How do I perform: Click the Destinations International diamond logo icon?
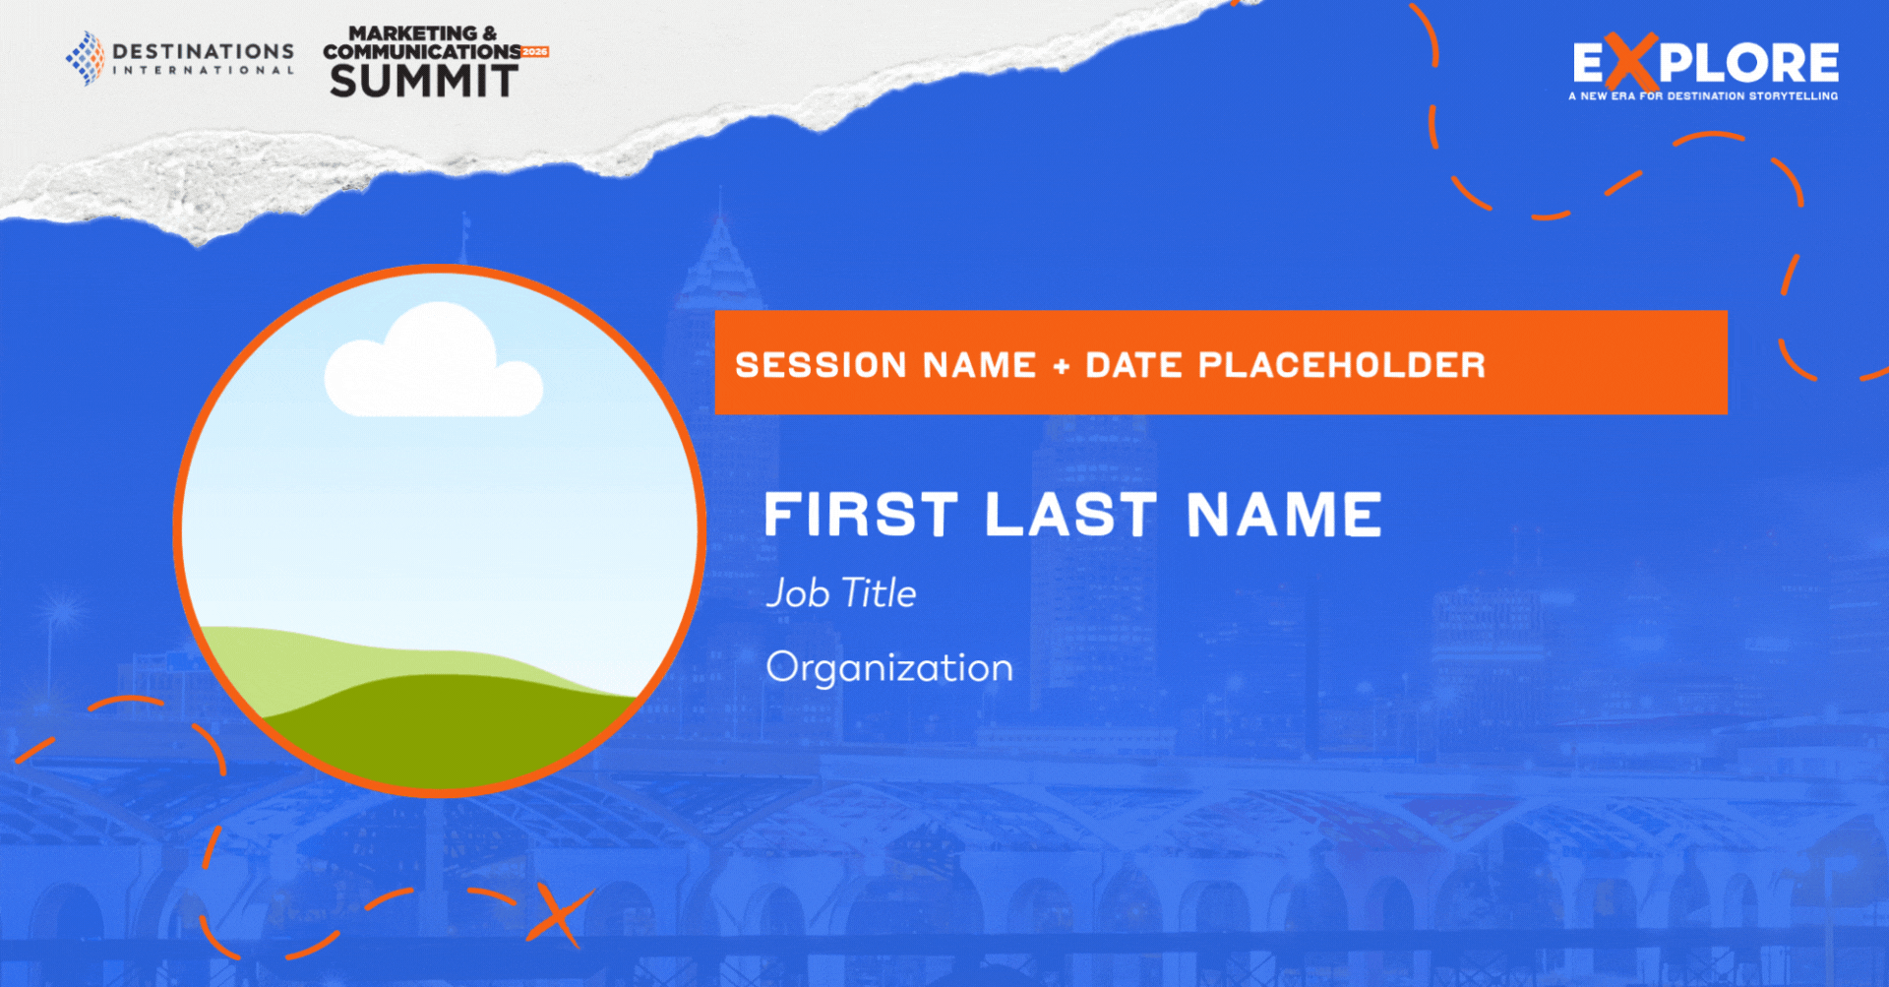pyautogui.click(x=86, y=58)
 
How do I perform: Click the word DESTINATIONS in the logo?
pyautogui.click(x=204, y=51)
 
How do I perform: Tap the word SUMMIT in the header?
pyautogui.click(x=424, y=81)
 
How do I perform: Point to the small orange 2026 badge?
pyautogui.click(x=535, y=52)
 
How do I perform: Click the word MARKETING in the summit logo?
pyautogui.click(x=413, y=33)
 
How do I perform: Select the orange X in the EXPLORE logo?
pyautogui.click(x=1631, y=62)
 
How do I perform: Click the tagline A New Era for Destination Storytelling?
pyautogui.click(x=1703, y=96)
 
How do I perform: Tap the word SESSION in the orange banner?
pyautogui.click(x=821, y=365)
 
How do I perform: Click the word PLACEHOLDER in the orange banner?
pyautogui.click(x=1342, y=365)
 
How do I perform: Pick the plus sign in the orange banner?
pyautogui.click(x=1061, y=367)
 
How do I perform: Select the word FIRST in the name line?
pyautogui.click(x=861, y=515)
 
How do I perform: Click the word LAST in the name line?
pyautogui.click(x=1071, y=515)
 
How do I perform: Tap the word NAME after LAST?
pyautogui.click(x=1284, y=515)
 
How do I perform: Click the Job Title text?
pyautogui.click(x=841, y=593)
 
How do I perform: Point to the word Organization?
pyautogui.click(x=889, y=668)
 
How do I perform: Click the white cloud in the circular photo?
pyautogui.click(x=433, y=361)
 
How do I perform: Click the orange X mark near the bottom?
pyautogui.click(x=560, y=914)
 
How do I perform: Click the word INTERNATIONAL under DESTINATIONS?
pyautogui.click(x=204, y=71)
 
